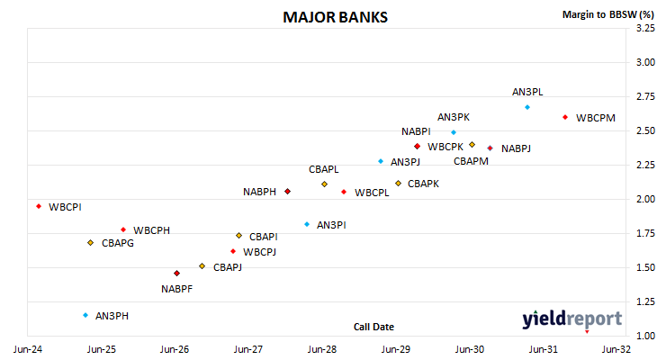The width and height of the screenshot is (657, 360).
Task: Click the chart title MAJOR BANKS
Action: [x=335, y=17]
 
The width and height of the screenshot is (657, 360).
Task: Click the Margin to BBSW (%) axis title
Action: [x=608, y=14]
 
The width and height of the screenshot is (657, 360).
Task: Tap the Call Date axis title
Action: [x=373, y=327]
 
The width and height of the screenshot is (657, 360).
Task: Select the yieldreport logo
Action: [x=571, y=319]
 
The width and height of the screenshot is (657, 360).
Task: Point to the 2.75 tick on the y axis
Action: [x=645, y=96]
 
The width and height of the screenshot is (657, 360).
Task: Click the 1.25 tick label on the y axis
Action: [x=645, y=301]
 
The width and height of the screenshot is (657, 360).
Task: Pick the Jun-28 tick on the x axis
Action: [x=322, y=349]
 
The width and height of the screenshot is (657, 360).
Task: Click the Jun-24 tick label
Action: [x=28, y=349]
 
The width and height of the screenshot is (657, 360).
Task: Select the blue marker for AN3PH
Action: [x=85, y=315]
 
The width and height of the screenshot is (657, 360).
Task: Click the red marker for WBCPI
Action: [x=39, y=206]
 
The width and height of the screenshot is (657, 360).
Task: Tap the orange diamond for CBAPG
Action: [x=91, y=243]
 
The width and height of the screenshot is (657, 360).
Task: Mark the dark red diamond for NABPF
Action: [x=176, y=274]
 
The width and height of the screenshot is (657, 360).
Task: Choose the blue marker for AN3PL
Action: [x=527, y=107]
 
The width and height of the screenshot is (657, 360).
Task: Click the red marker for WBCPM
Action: [x=565, y=117]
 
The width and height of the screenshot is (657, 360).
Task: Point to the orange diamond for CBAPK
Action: [x=399, y=183]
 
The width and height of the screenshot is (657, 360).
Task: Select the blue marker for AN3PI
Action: [x=307, y=225]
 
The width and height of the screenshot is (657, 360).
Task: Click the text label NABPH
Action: [x=259, y=192]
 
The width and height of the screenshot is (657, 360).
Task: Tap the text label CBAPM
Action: [x=471, y=161]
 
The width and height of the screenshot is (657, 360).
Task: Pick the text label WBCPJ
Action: [x=259, y=252]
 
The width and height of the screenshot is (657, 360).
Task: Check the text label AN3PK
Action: [x=454, y=117]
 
